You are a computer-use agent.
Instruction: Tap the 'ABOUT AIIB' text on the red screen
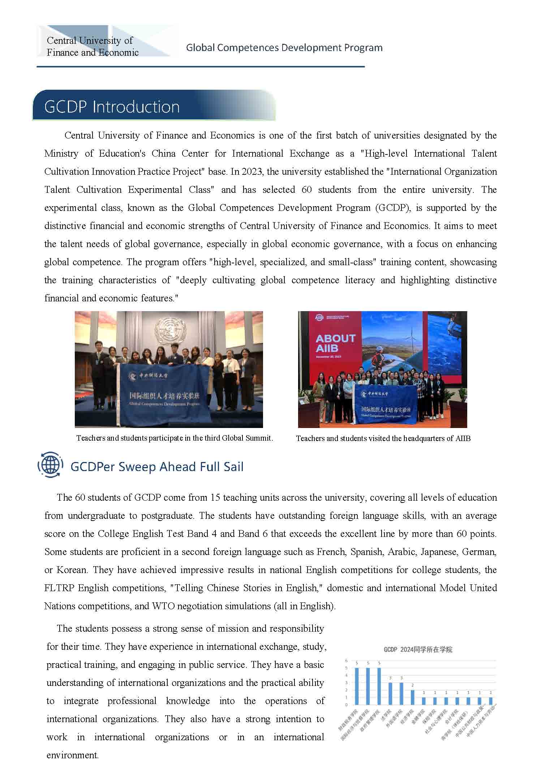point(335,343)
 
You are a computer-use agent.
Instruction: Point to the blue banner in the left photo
point(164,394)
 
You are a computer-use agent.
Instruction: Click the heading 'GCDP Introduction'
point(112,107)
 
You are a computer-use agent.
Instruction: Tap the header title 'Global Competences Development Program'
point(284,48)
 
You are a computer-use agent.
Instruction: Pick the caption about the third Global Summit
point(175,438)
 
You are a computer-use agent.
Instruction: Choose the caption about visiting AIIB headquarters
point(383,438)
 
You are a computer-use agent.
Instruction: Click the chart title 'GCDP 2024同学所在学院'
point(418,649)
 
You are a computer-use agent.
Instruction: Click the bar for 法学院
point(390,693)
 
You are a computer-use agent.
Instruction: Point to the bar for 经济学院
point(412,697)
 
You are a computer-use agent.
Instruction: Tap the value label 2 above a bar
point(412,685)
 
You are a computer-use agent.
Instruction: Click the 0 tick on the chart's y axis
point(346,705)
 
